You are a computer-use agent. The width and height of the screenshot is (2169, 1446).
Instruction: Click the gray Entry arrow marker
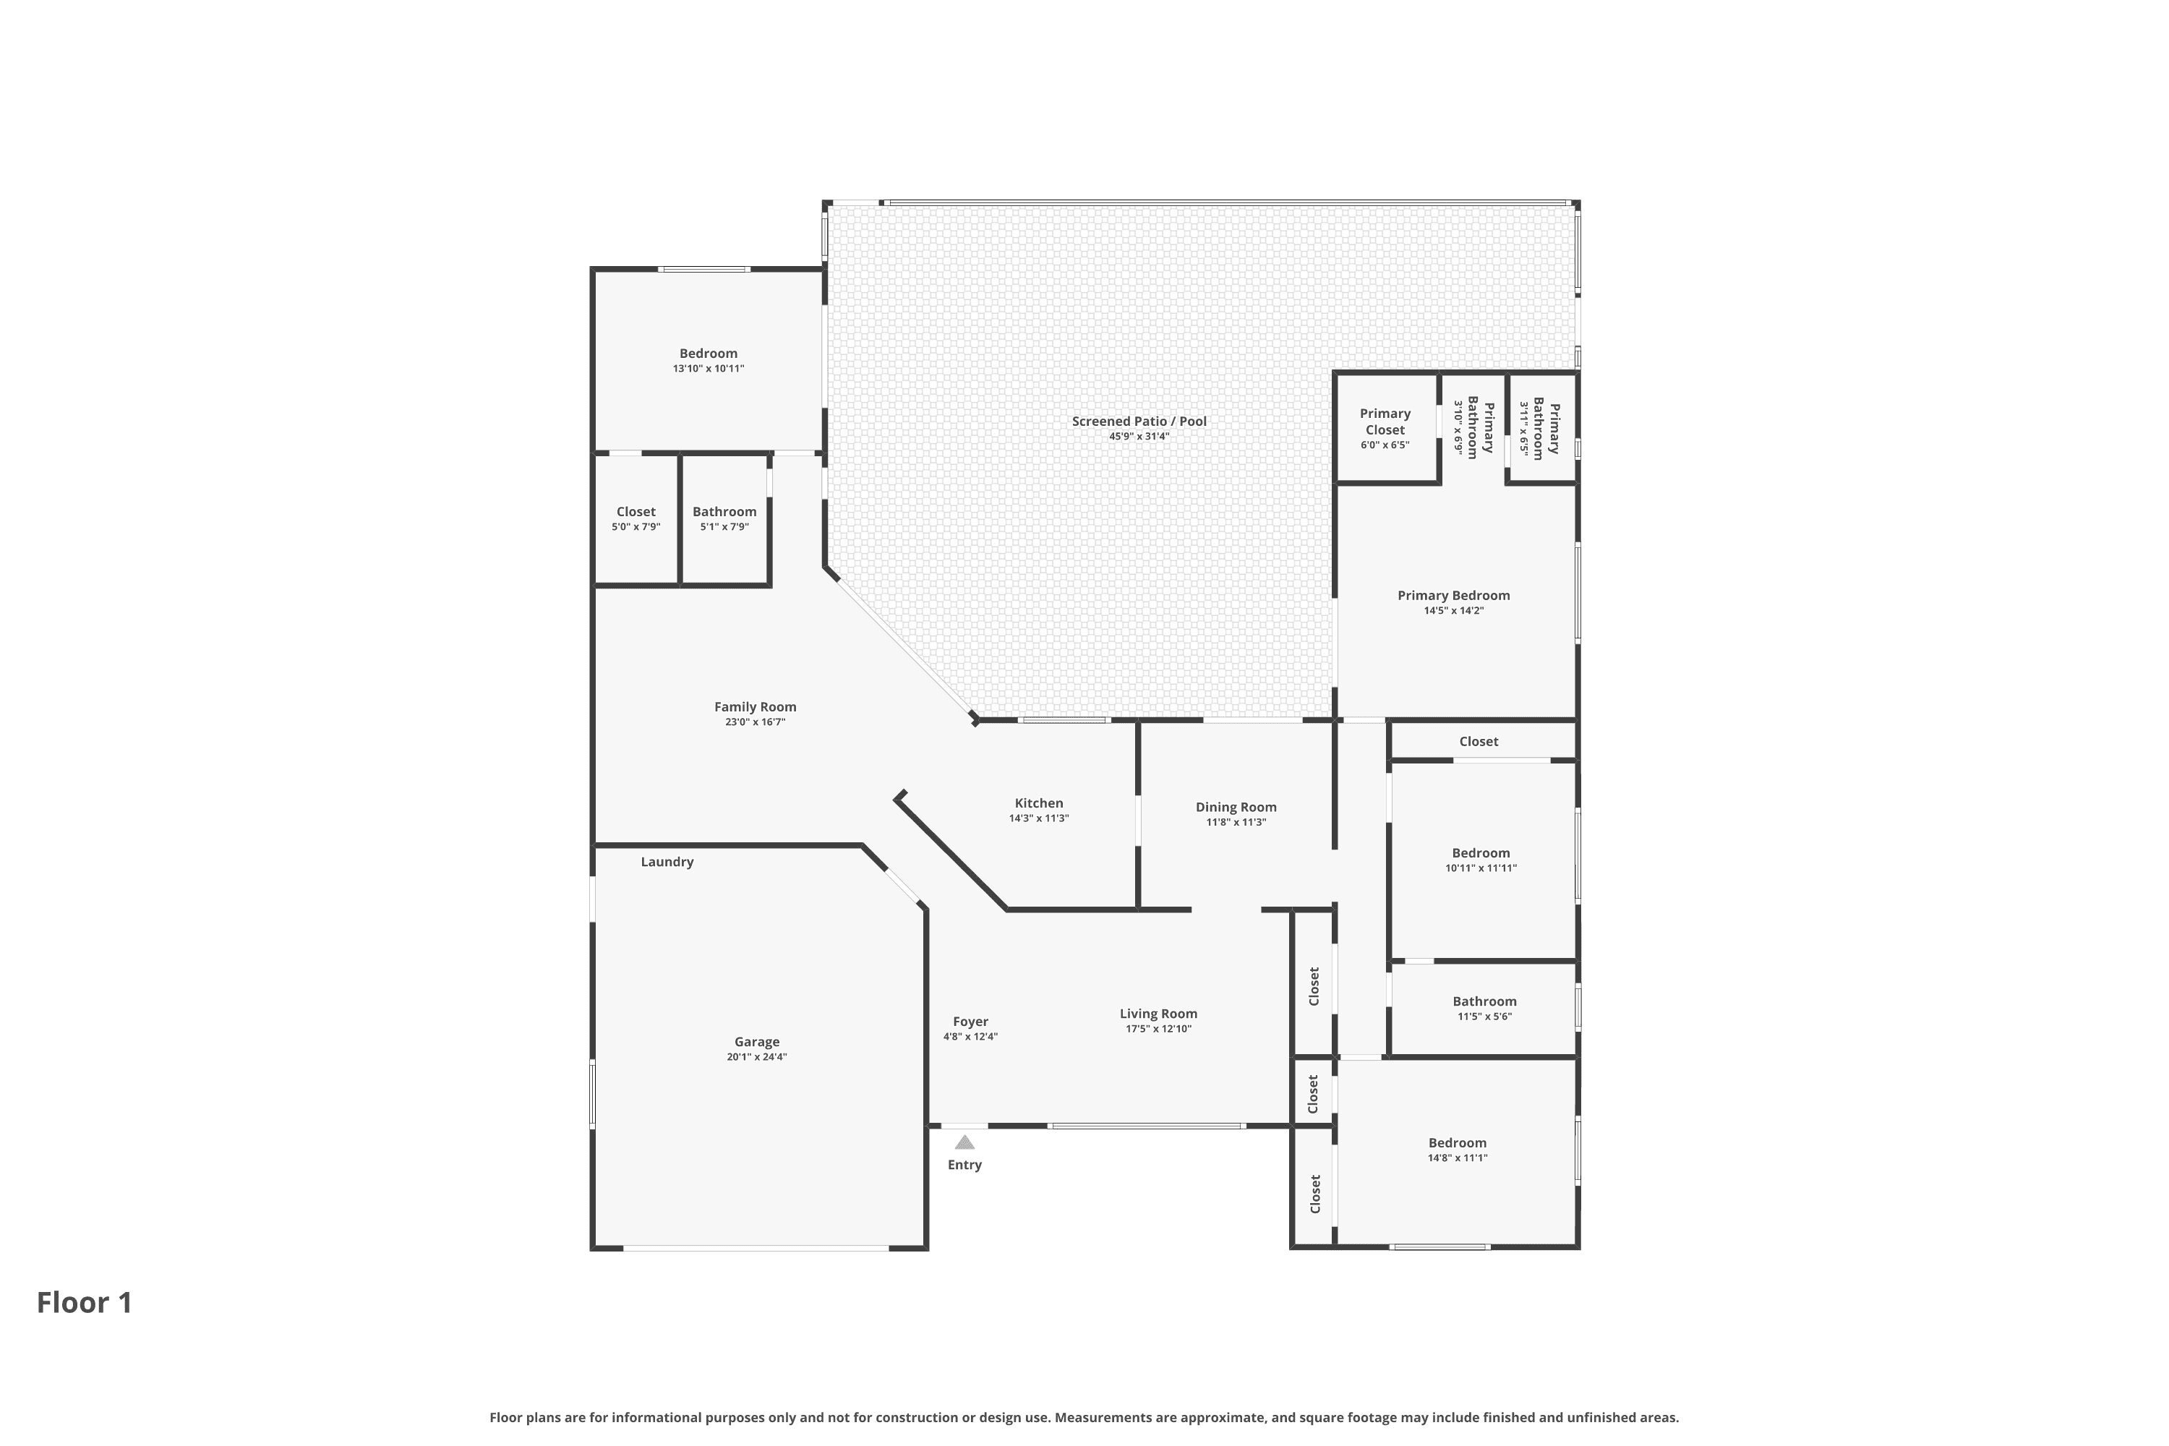[x=964, y=1142]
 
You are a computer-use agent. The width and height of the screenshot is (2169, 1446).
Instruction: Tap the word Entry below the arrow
[x=964, y=1165]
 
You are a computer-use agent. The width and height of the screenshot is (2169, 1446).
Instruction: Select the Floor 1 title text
[x=85, y=1302]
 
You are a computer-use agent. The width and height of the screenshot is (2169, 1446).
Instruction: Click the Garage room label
[x=757, y=1041]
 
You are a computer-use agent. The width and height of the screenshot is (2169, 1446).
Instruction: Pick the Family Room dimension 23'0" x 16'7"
[x=756, y=722]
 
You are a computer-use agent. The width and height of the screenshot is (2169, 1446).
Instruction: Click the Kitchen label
[x=1040, y=803]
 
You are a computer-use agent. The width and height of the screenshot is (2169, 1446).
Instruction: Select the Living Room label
[x=1159, y=1014]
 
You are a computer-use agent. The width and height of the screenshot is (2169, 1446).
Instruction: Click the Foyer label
[x=970, y=1022]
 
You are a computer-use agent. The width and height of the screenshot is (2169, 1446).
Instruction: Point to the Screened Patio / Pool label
[x=1139, y=422]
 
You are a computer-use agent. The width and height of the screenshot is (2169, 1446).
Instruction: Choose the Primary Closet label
[x=1385, y=422]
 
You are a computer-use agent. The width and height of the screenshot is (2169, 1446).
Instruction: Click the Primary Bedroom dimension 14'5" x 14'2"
[x=1454, y=610]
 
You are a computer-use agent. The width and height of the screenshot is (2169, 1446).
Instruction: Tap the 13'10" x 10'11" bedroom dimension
[x=709, y=368]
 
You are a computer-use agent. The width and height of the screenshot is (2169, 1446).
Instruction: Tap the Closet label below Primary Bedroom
[x=1479, y=742]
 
